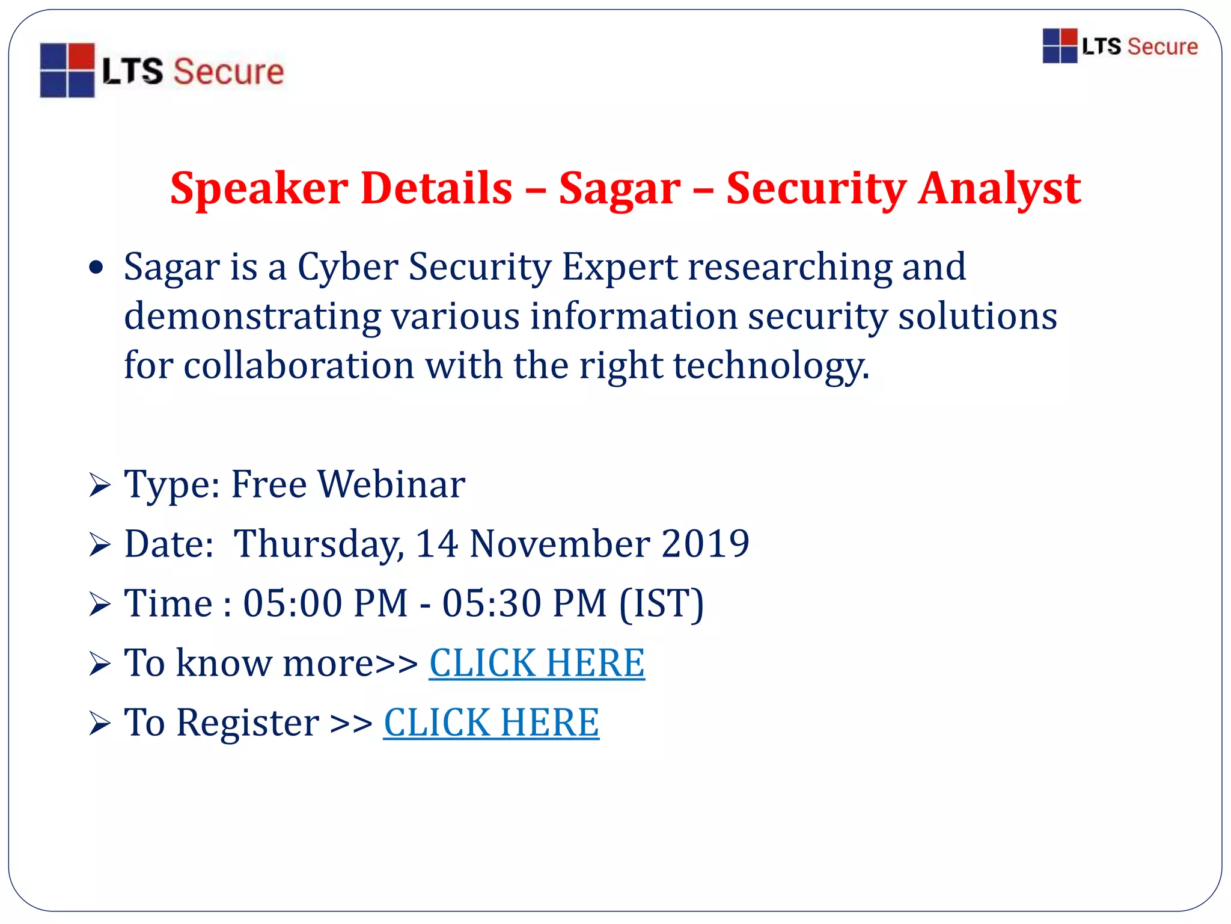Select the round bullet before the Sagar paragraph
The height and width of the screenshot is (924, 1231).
click(x=96, y=267)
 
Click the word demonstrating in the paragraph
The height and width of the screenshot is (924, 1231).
click(x=252, y=316)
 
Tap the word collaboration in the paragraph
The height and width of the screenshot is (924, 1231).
click(x=299, y=365)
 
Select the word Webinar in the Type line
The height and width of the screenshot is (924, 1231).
click(x=391, y=484)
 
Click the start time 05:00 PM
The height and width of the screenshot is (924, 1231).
click(x=325, y=603)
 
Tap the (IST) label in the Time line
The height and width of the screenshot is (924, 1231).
click(x=661, y=603)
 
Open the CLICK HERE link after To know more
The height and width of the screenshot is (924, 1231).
click(x=537, y=663)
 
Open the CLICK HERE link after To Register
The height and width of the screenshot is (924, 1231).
click(x=491, y=722)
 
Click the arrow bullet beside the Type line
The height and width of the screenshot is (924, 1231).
click(x=99, y=485)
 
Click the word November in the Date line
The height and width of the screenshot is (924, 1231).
click(x=559, y=544)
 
